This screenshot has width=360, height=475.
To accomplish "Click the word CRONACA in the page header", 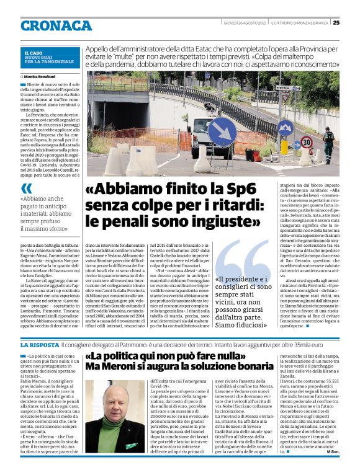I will tap(56, 25).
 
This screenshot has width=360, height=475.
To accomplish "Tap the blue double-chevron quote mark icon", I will tap(25, 189).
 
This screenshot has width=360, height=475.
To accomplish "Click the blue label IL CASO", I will tap(34, 53).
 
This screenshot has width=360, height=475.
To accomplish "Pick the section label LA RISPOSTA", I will tap(39, 344).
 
